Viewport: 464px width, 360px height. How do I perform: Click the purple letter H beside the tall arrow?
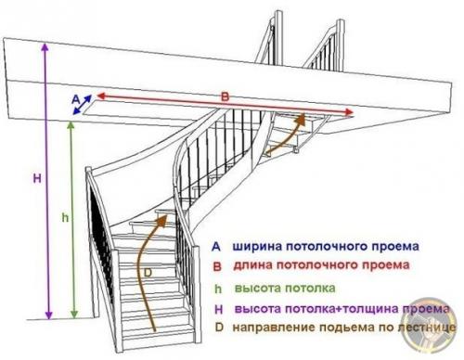pyautogui.click(x=35, y=177)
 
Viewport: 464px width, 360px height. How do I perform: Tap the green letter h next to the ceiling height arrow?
pyautogui.click(x=64, y=216)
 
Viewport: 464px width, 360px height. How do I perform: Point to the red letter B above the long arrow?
pyautogui.click(x=224, y=96)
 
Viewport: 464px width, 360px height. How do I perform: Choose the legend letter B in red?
pyautogui.click(x=215, y=268)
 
